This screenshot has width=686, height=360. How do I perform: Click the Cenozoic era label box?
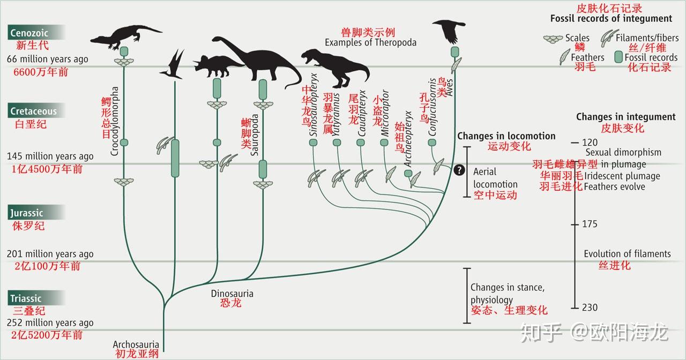[x=36, y=33]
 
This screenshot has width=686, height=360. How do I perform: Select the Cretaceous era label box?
[x=36, y=111]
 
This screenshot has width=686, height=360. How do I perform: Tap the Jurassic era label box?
[x=36, y=213]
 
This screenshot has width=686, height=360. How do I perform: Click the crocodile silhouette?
[x=126, y=37]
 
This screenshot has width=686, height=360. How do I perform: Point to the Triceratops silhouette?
[x=218, y=66]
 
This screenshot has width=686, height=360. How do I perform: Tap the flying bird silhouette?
[x=450, y=31]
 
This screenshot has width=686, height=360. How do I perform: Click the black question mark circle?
[x=459, y=170]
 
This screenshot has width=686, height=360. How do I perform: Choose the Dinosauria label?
[x=232, y=294]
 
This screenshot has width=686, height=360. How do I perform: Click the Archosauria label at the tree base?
[x=136, y=344]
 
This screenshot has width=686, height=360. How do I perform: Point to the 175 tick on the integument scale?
[x=575, y=224]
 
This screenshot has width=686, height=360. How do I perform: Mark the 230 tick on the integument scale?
[x=575, y=307]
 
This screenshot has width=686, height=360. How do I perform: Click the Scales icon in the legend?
[x=553, y=39]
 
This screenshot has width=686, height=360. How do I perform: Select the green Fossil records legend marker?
[x=618, y=57]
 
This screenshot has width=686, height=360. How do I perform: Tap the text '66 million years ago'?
[x=48, y=59]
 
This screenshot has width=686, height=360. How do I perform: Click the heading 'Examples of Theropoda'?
[x=370, y=42]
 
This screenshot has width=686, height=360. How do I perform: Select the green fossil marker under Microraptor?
[x=384, y=142]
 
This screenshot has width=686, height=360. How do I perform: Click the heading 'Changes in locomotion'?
[x=506, y=136]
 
